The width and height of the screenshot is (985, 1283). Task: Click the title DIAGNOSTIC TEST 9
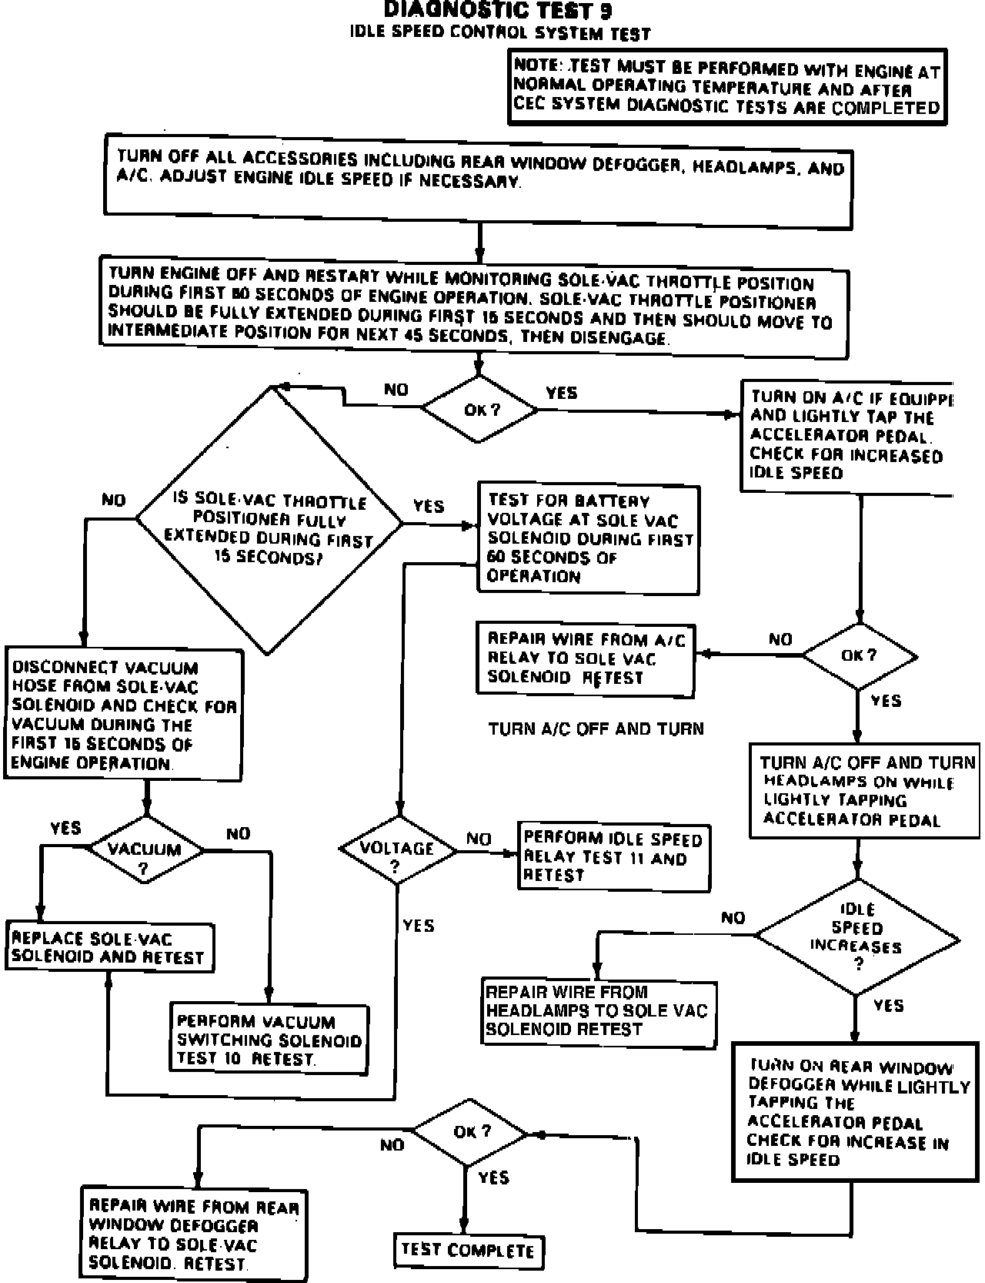pyautogui.click(x=498, y=10)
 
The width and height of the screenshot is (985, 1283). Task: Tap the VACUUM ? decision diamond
pyautogui.click(x=145, y=850)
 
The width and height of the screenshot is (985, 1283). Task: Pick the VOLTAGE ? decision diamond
pyautogui.click(x=397, y=850)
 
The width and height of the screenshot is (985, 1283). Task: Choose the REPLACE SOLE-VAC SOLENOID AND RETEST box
pyautogui.click(x=109, y=947)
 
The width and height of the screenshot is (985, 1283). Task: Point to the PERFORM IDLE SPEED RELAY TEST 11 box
pyautogui.click(x=613, y=856)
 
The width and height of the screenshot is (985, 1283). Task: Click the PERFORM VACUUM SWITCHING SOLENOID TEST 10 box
pyautogui.click(x=269, y=1040)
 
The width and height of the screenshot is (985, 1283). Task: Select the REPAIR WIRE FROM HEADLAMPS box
pyautogui.click(x=598, y=1011)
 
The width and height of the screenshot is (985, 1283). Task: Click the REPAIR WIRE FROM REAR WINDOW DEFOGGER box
pyautogui.click(x=193, y=1234)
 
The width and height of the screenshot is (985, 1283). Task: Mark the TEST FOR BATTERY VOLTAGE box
pyautogui.click(x=589, y=538)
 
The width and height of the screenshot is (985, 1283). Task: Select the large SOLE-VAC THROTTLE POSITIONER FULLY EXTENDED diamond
pyautogui.click(x=269, y=521)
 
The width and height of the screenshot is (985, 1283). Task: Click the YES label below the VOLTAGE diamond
pyautogui.click(x=418, y=926)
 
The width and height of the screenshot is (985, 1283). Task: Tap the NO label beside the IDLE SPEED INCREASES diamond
pyautogui.click(x=733, y=917)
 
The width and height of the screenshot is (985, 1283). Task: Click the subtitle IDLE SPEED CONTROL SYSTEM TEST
pyautogui.click(x=500, y=33)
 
